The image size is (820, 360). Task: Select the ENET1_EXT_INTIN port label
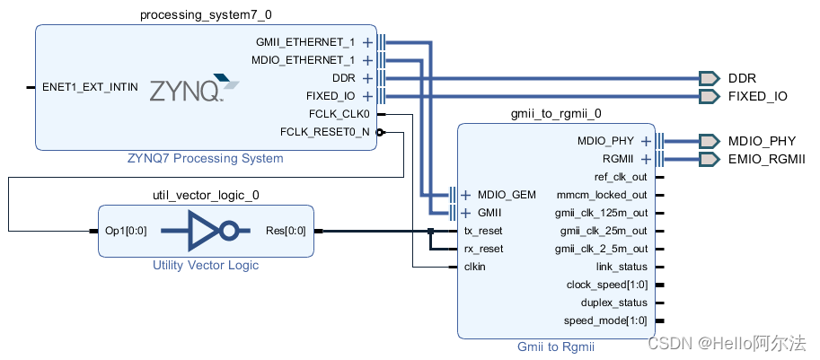[91, 88]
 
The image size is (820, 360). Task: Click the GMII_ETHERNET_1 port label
[306, 42]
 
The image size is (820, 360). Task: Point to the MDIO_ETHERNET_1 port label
[304, 60]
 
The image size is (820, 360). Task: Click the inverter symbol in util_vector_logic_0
[205, 231]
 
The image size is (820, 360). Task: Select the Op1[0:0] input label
[125, 231]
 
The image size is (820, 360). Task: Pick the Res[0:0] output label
[285, 231]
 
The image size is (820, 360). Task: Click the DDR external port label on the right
[742, 78]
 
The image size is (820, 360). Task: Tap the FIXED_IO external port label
[757, 96]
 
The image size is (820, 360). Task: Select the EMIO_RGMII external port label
[766, 159]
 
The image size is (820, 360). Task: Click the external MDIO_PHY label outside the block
[762, 141]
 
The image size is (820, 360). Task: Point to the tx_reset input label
[483, 231]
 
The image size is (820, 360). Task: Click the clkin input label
[476, 267]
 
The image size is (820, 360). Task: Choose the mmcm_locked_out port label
[601, 195]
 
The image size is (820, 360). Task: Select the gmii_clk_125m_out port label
[601, 213]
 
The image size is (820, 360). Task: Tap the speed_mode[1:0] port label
[604, 320]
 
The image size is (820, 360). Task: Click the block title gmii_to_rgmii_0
[555, 114]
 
